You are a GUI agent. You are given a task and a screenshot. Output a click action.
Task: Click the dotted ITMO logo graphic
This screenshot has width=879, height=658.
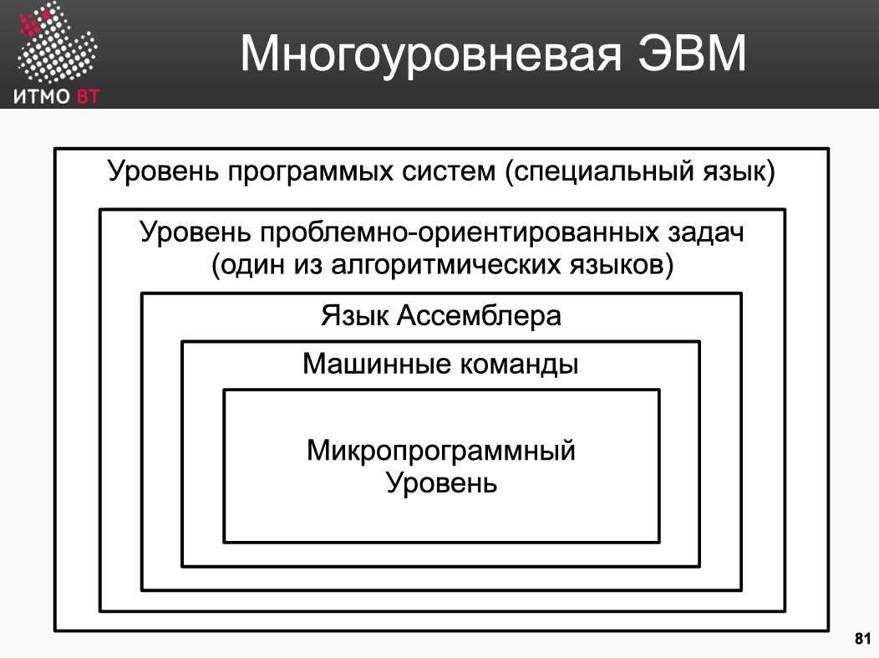55,43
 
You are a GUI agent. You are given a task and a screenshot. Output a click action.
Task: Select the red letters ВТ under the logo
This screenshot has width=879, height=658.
88,97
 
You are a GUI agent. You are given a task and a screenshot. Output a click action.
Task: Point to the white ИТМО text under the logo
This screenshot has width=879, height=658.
42,97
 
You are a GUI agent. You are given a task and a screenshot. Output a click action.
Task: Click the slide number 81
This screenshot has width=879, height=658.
863,639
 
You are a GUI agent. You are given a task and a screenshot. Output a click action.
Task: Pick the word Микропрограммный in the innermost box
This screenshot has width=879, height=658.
440,451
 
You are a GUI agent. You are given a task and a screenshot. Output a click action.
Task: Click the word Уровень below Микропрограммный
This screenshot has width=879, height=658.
442,482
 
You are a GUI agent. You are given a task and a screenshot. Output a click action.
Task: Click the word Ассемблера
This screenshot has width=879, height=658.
479,315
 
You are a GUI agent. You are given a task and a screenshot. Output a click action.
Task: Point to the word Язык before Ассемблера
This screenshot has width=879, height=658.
354,315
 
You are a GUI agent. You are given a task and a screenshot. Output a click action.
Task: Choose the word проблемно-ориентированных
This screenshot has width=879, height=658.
459,232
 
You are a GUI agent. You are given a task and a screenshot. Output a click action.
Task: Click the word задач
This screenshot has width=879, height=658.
706,232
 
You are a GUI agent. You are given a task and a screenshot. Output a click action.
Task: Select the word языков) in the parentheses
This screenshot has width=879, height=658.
622,265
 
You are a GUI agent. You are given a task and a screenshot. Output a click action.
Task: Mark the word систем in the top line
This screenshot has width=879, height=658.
449,171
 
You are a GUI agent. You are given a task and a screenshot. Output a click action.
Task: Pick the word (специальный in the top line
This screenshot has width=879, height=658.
600,171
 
